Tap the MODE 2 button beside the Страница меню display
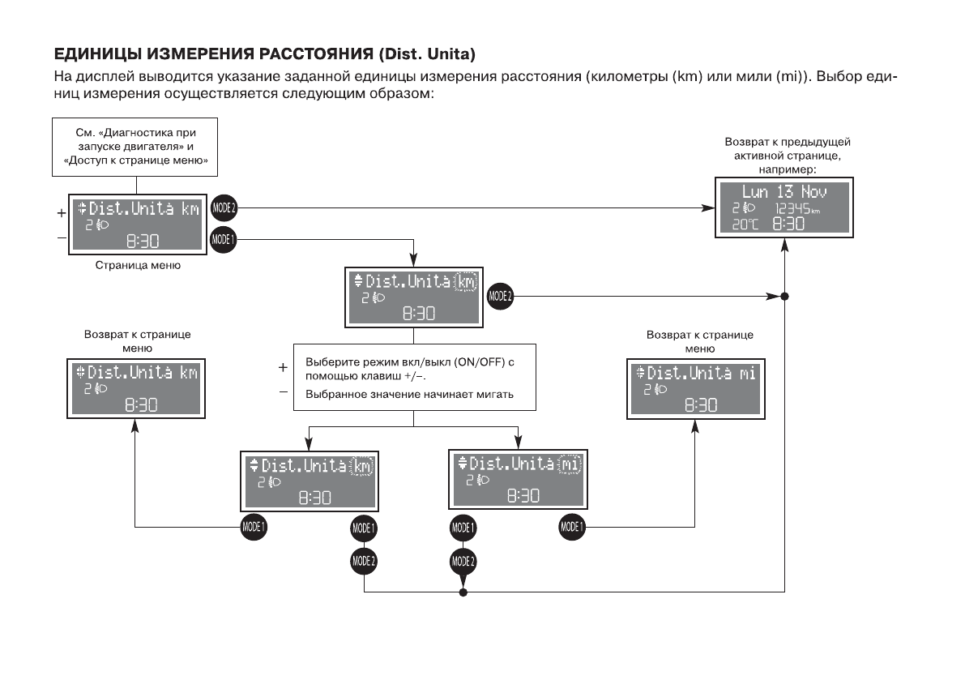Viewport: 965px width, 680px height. (222, 207)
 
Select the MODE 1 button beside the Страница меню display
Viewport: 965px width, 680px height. (222, 239)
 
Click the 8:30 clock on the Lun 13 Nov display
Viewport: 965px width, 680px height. (788, 225)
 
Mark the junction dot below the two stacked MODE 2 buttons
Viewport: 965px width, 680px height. (463, 592)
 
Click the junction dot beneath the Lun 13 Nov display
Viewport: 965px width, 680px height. (784, 296)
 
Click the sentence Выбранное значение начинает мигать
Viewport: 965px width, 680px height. (410, 394)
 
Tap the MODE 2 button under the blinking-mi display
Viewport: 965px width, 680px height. (463, 560)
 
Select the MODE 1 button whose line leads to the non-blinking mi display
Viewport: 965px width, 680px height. (571, 527)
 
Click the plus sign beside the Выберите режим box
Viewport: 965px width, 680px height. (283, 367)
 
